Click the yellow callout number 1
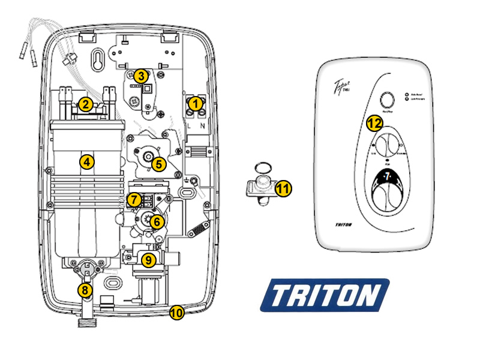(x=194, y=103)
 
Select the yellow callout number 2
(x=86, y=104)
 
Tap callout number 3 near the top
(x=140, y=76)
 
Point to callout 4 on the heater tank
(x=87, y=161)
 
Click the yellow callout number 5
(x=158, y=163)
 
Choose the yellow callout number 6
(x=156, y=221)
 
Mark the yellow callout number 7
(x=135, y=199)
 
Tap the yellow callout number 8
(x=86, y=290)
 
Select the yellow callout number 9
(x=148, y=260)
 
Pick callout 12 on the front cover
(x=374, y=124)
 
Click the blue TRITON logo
(x=325, y=295)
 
